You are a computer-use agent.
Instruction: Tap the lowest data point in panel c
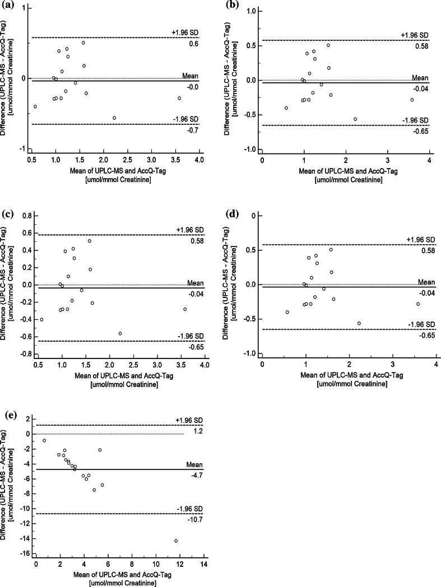pyautogui.click(x=120, y=334)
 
